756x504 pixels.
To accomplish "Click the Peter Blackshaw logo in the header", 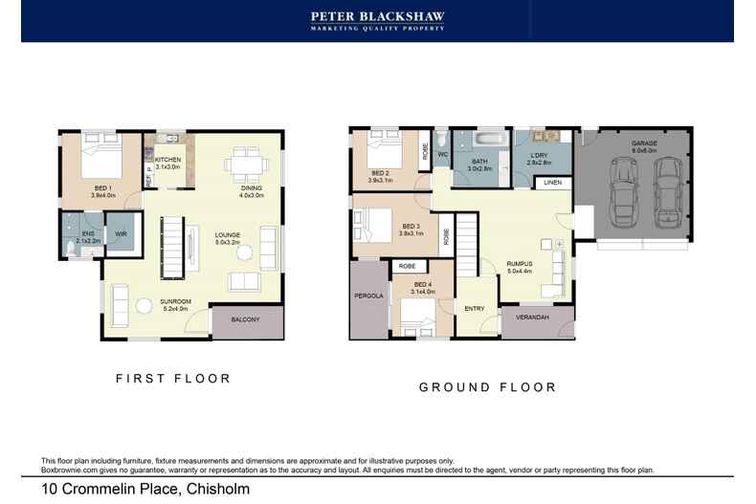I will pyautogui.click(x=377, y=20).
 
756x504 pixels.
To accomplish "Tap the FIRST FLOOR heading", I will pyautogui.click(x=173, y=379).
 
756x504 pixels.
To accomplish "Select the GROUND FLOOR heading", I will pyautogui.click(x=487, y=387).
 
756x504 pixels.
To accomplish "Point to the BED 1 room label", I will pyautogui.click(x=102, y=188).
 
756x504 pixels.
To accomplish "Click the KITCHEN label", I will pyautogui.click(x=168, y=160).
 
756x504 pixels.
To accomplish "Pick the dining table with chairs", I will pyautogui.click(x=245, y=164).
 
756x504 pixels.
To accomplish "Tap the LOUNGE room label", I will pyautogui.click(x=227, y=234).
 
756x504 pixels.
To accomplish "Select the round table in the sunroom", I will pyautogui.click(x=145, y=306).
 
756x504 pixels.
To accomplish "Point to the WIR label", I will pyautogui.click(x=121, y=233).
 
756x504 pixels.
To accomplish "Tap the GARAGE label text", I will pyautogui.click(x=643, y=143).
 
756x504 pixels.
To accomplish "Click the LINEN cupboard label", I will pyautogui.click(x=552, y=182).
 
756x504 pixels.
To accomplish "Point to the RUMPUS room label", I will pyautogui.click(x=520, y=265).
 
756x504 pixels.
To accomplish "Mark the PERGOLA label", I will pyautogui.click(x=368, y=296).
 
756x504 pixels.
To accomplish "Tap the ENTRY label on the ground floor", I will pyautogui.click(x=475, y=308).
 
